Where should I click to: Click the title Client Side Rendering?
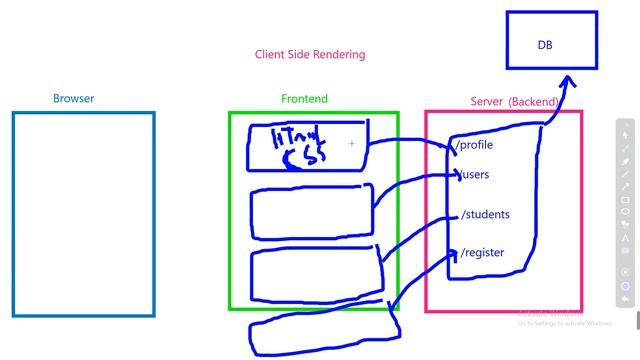pos(310,54)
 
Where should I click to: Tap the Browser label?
pos(74,99)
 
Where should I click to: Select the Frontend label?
pos(304,99)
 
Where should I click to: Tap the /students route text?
pos(485,214)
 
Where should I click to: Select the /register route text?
pos(482,252)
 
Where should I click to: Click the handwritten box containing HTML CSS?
pos(307,147)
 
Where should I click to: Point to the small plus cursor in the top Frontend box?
pos(352,144)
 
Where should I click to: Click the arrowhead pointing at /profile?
pos(451,148)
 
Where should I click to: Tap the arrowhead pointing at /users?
pos(458,176)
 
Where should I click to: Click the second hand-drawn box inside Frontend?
pos(312,211)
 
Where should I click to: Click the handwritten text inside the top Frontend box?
pos(295,148)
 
